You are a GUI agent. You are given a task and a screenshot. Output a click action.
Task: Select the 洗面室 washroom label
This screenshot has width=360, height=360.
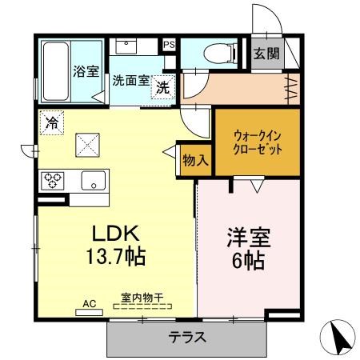coord(130,81)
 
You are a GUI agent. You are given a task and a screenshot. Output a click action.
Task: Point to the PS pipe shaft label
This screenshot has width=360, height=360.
coord(169,45)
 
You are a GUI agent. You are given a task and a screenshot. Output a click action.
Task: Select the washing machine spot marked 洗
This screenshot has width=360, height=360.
coord(162,87)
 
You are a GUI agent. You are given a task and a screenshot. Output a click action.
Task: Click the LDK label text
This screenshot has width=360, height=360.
coord(115,234)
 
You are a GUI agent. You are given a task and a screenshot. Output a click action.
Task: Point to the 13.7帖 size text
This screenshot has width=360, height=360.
coord(115,257)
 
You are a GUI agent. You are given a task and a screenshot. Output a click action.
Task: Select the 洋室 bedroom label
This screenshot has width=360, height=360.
coord(249,238)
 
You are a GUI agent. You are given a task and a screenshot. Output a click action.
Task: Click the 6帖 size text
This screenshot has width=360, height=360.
coord(249,260)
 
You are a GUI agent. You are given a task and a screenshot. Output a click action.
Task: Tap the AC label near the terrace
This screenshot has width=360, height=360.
coord(89,304)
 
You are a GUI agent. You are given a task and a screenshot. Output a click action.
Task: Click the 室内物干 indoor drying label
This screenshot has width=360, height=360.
coord(142,298)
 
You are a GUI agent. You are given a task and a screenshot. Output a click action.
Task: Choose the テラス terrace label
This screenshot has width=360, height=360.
coord(187,337)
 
